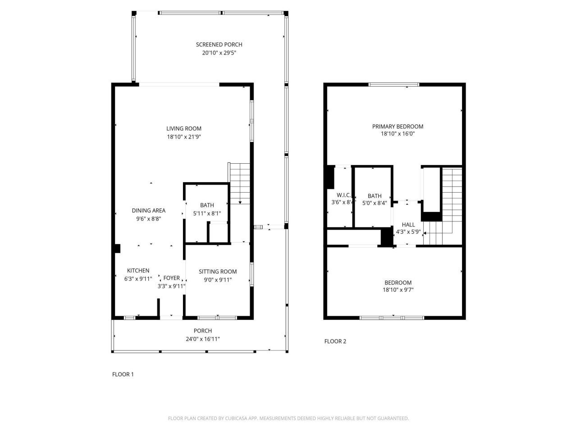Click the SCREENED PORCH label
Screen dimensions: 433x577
pos(219,44)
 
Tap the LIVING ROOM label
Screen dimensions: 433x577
pos(183,129)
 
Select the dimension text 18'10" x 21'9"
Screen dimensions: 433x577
pos(183,137)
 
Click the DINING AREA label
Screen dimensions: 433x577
pos(148,210)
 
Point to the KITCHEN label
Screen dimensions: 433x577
pos(138,271)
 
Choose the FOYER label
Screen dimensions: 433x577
pos(171,278)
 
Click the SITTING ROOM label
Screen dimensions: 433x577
pos(218,272)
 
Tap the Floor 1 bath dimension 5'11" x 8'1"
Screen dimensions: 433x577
pos(207,213)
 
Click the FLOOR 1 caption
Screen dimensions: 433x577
pos(123,374)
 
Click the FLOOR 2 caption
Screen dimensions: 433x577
pos(335,341)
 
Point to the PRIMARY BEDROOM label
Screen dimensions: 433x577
pos(398,126)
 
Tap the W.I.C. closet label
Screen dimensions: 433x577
pos(343,195)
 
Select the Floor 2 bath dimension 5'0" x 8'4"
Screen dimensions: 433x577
pos(375,203)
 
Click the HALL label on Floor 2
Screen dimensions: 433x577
pos(408,225)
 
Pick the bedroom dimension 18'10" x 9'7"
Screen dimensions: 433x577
pos(398,290)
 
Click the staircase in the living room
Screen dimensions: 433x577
pos(239,183)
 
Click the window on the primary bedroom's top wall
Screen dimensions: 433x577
pos(394,84)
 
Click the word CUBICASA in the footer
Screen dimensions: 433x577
pos(237,419)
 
